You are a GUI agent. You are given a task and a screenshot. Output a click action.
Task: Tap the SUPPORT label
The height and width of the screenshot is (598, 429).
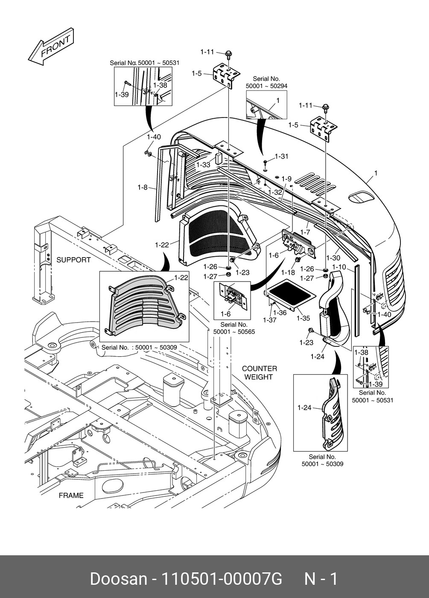point(73,260)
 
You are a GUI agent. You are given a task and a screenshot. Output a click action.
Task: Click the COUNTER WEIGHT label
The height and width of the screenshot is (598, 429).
point(259,372)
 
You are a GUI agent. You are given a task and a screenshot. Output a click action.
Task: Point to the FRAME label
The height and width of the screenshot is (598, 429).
point(71,495)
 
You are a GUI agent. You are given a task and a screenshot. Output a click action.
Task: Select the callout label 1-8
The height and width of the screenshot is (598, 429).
point(143,187)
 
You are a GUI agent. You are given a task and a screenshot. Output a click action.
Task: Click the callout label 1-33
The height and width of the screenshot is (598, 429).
point(203,164)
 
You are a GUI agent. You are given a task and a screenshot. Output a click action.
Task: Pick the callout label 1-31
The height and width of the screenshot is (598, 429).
point(282,156)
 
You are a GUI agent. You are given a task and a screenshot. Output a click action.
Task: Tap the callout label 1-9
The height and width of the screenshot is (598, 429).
point(286,179)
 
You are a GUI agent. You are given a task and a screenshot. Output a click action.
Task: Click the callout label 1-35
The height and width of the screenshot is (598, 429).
point(303,318)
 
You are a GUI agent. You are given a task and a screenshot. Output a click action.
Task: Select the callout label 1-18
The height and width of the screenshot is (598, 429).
point(288,273)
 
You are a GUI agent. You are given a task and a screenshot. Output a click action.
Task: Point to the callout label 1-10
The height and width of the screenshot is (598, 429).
point(339,267)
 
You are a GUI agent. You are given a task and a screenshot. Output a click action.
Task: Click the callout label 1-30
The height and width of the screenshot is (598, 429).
point(333,258)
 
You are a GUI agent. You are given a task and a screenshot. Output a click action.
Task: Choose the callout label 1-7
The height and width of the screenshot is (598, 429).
point(305,232)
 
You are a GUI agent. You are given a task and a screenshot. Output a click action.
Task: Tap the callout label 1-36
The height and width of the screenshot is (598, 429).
point(280,313)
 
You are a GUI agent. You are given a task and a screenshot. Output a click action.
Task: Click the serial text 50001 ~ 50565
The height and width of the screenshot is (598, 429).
point(234,331)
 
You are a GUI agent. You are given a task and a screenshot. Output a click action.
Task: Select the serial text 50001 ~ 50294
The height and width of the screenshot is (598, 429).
point(266,86)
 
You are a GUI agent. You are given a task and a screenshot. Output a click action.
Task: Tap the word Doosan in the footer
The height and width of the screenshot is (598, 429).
point(118,579)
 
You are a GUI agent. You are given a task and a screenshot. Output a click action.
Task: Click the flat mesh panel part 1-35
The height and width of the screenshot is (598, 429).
point(291,293)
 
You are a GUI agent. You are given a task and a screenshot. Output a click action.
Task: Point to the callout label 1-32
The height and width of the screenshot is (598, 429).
point(275,192)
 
